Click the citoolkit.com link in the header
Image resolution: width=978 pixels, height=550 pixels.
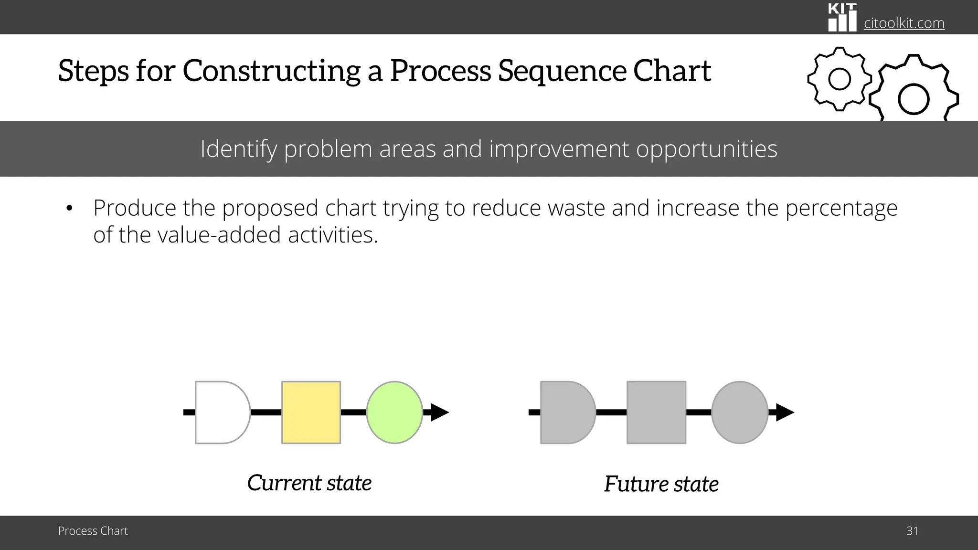click(x=904, y=23)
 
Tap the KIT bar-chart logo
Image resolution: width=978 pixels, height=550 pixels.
click(x=842, y=18)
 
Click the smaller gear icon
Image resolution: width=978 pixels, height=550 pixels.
click(x=839, y=79)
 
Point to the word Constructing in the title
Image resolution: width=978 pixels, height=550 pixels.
click(x=271, y=71)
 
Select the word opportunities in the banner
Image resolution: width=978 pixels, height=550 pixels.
click(x=706, y=149)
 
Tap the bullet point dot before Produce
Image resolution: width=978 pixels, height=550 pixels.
click(x=69, y=208)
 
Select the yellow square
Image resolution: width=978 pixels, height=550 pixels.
click(x=311, y=412)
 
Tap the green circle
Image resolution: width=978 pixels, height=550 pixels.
click(x=394, y=412)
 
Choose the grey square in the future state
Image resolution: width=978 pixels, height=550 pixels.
click(x=656, y=412)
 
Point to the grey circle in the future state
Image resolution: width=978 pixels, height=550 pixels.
click(x=740, y=412)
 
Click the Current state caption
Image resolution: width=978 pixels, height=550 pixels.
click(x=309, y=483)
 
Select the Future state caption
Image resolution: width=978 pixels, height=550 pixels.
click(x=661, y=484)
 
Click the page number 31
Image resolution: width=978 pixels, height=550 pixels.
click(x=912, y=531)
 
